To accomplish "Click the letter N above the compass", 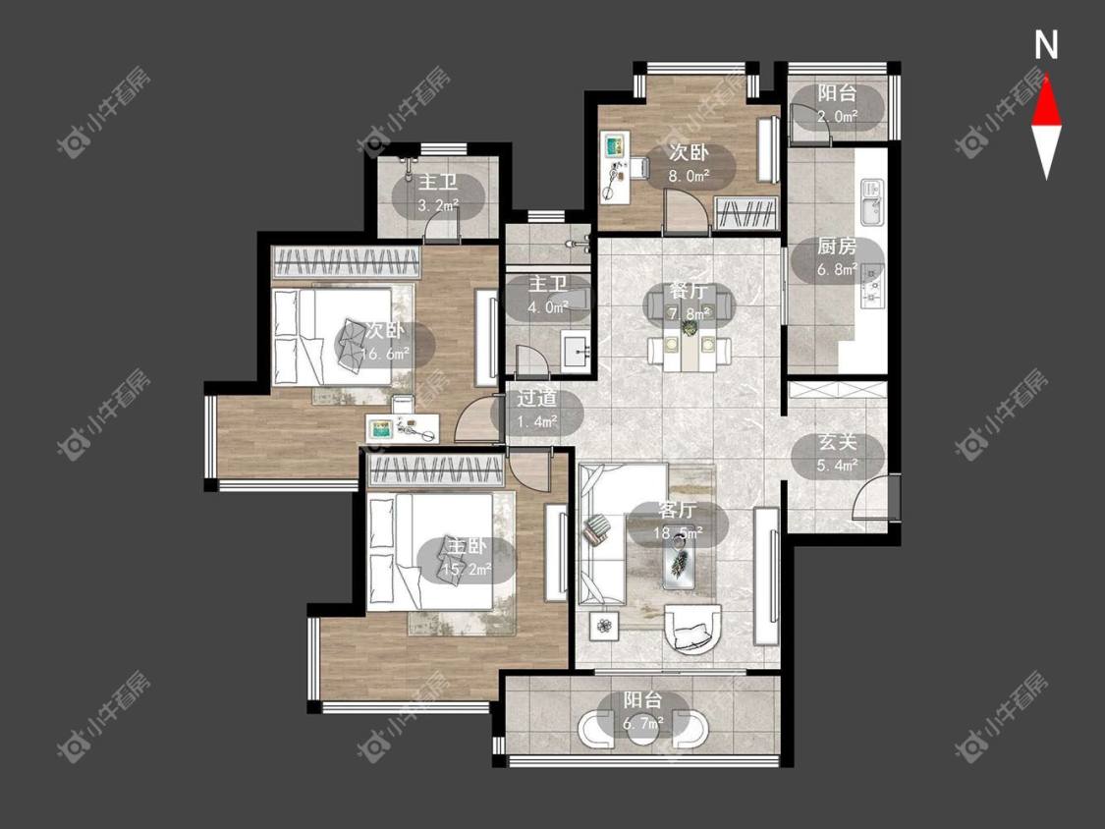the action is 1046,45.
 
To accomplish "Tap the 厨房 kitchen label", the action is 837,257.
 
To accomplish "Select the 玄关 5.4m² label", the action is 837,454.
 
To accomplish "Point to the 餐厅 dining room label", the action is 689,302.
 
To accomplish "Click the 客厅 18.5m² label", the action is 677,522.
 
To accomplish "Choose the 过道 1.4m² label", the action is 537,410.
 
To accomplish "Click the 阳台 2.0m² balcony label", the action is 837,104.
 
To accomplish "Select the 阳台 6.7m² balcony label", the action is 642,710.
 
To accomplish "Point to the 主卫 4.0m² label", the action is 549,296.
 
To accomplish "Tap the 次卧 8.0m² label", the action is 689,164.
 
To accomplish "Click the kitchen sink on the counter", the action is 872,201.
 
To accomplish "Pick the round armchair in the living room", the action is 694,629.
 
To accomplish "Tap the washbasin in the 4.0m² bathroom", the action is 577,350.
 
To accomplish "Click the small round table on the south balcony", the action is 642,731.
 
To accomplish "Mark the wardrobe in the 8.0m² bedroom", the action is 746,213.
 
